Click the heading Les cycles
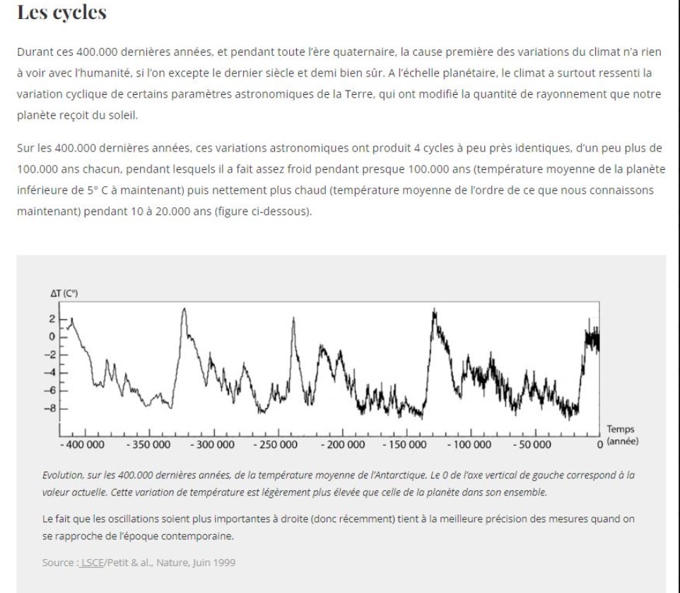tap(61, 13)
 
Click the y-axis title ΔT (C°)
tap(63, 293)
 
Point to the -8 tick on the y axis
tap(52, 408)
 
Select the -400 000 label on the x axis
tap(82, 444)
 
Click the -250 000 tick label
tap(275, 444)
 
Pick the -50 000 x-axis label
tap(532, 444)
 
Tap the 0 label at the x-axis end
tap(599, 444)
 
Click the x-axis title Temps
tap(620, 429)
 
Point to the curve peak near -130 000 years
tap(433, 311)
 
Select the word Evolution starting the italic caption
tap(64, 475)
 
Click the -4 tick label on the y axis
tap(50, 373)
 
